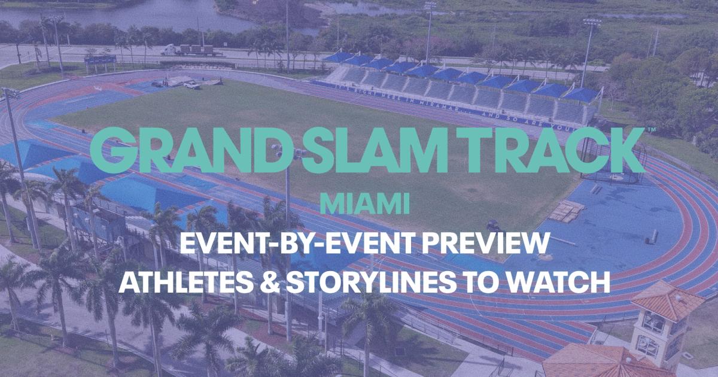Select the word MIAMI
point(364,204)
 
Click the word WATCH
point(559,281)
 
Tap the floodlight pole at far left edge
point(15,168)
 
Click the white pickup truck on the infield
point(191,86)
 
